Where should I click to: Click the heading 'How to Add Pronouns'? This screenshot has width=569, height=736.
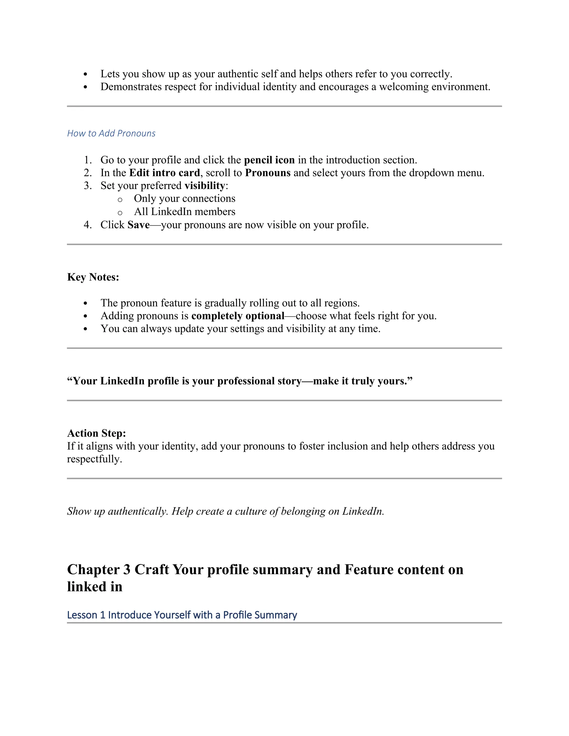click(111, 133)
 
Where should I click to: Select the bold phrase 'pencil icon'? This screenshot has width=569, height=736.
click(269, 160)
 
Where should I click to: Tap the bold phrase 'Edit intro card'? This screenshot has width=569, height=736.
click(164, 173)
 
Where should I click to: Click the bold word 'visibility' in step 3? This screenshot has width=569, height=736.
click(204, 186)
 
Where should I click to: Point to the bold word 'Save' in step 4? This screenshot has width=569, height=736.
click(139, 225)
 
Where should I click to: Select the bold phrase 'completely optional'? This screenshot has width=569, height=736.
click(238, 316)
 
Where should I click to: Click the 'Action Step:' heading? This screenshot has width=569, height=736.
click(96, 433)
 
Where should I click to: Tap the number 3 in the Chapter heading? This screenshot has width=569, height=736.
click(127, 570)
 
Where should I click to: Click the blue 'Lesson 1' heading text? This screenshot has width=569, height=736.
click(182, 615)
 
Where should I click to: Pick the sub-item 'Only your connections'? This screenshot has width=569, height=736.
click(184, 199)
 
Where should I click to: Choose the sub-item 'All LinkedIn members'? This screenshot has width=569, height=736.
click(184, 212)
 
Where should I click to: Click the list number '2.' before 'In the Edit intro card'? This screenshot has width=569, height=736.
click(88, 173)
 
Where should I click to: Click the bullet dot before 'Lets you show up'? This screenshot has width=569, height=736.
click(85, 74)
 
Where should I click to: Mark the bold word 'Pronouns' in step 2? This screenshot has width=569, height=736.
click(268, 173)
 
